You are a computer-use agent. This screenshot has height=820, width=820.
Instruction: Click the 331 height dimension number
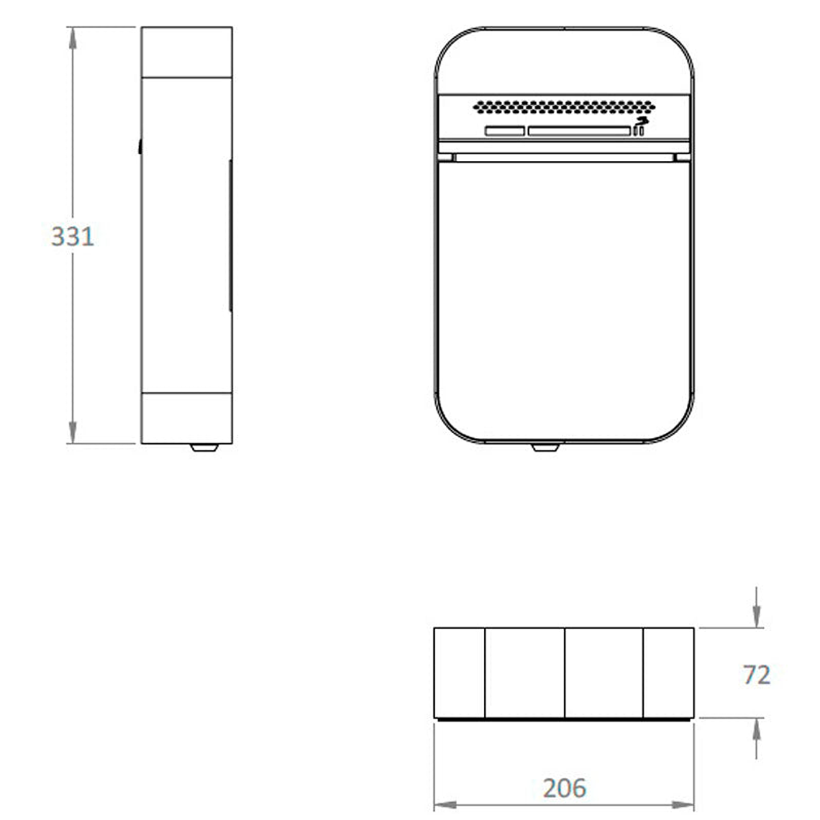(x=72, y=235)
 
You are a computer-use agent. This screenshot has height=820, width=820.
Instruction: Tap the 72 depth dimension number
(x=756, y=675)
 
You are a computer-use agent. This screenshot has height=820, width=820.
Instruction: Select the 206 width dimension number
(x=565, y=788)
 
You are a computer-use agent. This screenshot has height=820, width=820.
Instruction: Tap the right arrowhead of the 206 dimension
(x=684, y=803)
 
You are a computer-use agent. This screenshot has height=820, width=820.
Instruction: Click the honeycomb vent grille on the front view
(x=565, y=107)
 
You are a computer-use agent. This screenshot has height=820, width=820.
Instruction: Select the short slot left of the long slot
(x=505, y=131)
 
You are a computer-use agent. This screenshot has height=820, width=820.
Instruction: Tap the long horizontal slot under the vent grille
(x=578, y=131)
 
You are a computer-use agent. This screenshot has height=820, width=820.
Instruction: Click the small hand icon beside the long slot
(x=639, y=127)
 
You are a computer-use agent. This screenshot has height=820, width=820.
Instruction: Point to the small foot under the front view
(x=545, y=447)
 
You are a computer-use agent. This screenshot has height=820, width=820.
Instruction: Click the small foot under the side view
(x=204, y=447)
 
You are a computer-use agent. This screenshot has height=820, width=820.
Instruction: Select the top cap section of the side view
(x=186, y=52)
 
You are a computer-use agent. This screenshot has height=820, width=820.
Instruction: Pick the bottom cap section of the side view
(x=186, y=418)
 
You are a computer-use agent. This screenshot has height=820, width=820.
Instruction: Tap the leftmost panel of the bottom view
(x=459, y=673)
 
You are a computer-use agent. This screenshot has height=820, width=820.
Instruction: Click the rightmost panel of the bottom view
(x=668, y=673)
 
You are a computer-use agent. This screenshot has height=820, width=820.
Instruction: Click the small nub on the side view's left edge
(x=140, y=147)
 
